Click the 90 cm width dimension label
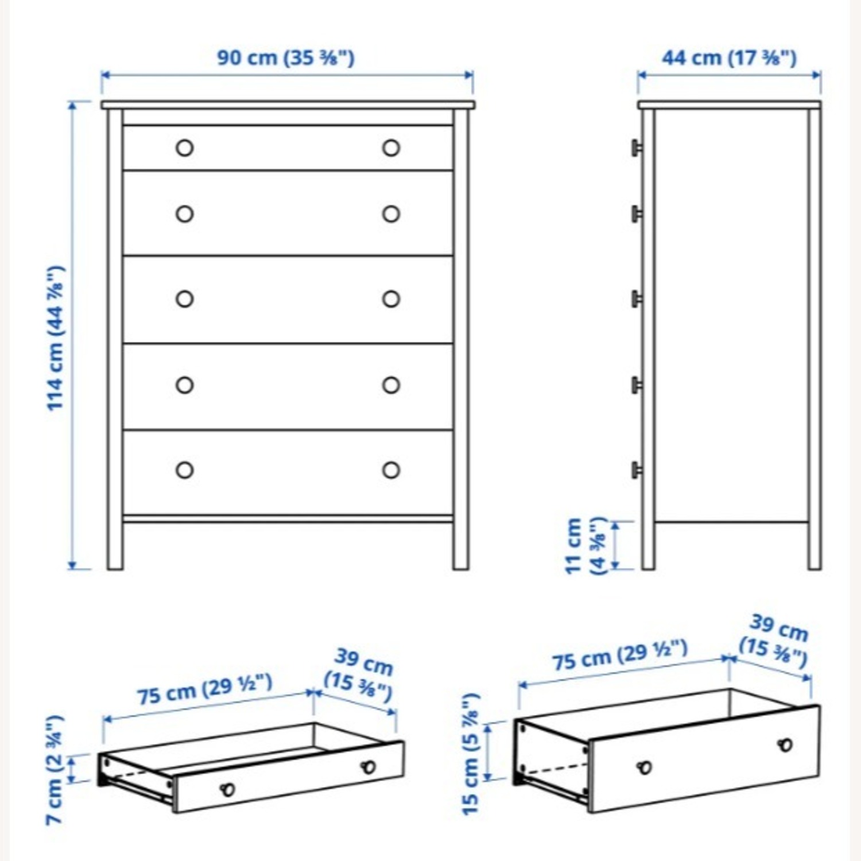click(285, 58)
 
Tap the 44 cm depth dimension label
click(729, 58)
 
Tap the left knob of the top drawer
click(184, 148)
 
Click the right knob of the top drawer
click(391, 148)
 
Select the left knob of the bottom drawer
click(184, 470)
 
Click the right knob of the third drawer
click(391, 299)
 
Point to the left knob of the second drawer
click(184, 214)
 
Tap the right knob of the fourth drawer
click(391, 385)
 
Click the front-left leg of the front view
click(115, 545)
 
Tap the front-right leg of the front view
click(460, 545)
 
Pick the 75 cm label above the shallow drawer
click(204, 689)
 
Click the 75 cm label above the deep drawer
click(620, 655)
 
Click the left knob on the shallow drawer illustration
click(228, 789)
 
